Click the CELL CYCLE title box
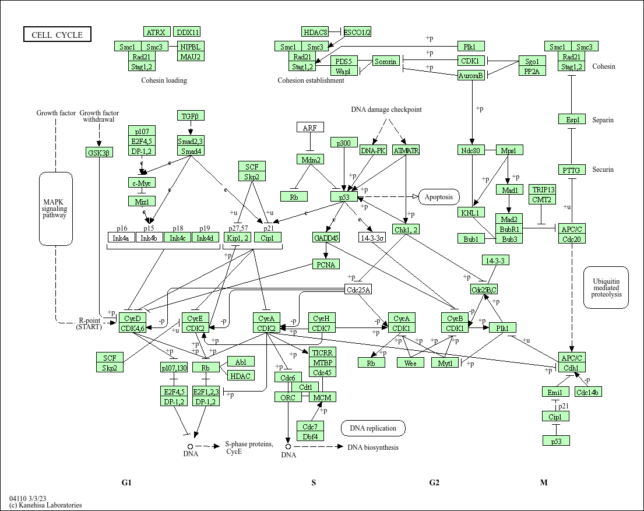(57, 35)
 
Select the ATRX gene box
(157, 32)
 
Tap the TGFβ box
(191, 116)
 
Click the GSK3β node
(98, 152)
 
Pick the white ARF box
(310, 128)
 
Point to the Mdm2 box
(310, 159)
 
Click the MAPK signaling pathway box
(55, 208)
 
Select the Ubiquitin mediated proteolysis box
(606, 287)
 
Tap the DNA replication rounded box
(373, 428)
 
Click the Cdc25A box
(358, 290)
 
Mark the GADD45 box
(326, 238)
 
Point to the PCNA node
(326, 265)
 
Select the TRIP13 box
(543, 190)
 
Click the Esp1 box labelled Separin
(572, 119)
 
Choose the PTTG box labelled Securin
(572, 170)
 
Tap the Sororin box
(386, 61)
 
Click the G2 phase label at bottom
(434, 482)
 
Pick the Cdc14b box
(588, 392)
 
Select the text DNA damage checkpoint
(386, 110)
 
